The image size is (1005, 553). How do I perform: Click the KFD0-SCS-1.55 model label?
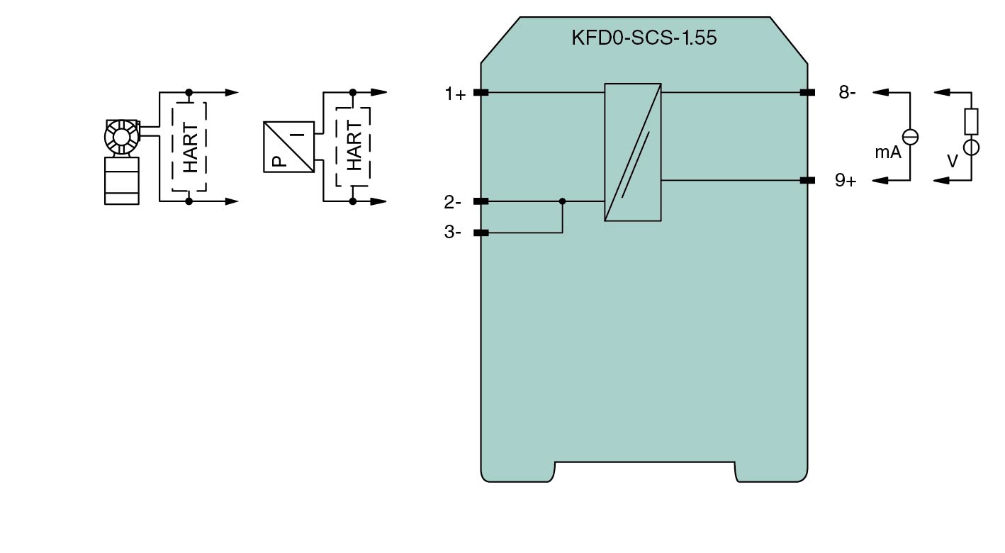[644, 38]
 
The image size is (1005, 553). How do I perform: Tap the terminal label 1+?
[455, 94]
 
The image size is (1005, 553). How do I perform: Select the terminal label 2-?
[453, 203]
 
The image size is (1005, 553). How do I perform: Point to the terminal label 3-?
[453, 233]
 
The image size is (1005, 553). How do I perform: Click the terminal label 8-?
[847, 92]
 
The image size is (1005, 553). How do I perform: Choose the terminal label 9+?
[846, 181]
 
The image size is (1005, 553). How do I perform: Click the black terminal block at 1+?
[481, 92]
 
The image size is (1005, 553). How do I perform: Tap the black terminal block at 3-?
[481, 233]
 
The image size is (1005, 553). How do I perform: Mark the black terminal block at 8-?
[807, 92]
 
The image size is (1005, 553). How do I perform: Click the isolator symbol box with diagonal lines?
[633, 152]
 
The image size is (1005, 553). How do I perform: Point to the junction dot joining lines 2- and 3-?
[563, 201]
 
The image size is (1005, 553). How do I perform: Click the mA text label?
[888, 152]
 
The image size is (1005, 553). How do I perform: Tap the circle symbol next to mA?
[909, 138]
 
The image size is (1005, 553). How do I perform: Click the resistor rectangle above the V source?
[971, 122]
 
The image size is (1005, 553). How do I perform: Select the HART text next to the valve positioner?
[190, 147]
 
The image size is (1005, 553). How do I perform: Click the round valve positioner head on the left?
[121, 137]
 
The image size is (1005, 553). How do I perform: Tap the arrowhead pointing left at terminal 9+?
[880, 181]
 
